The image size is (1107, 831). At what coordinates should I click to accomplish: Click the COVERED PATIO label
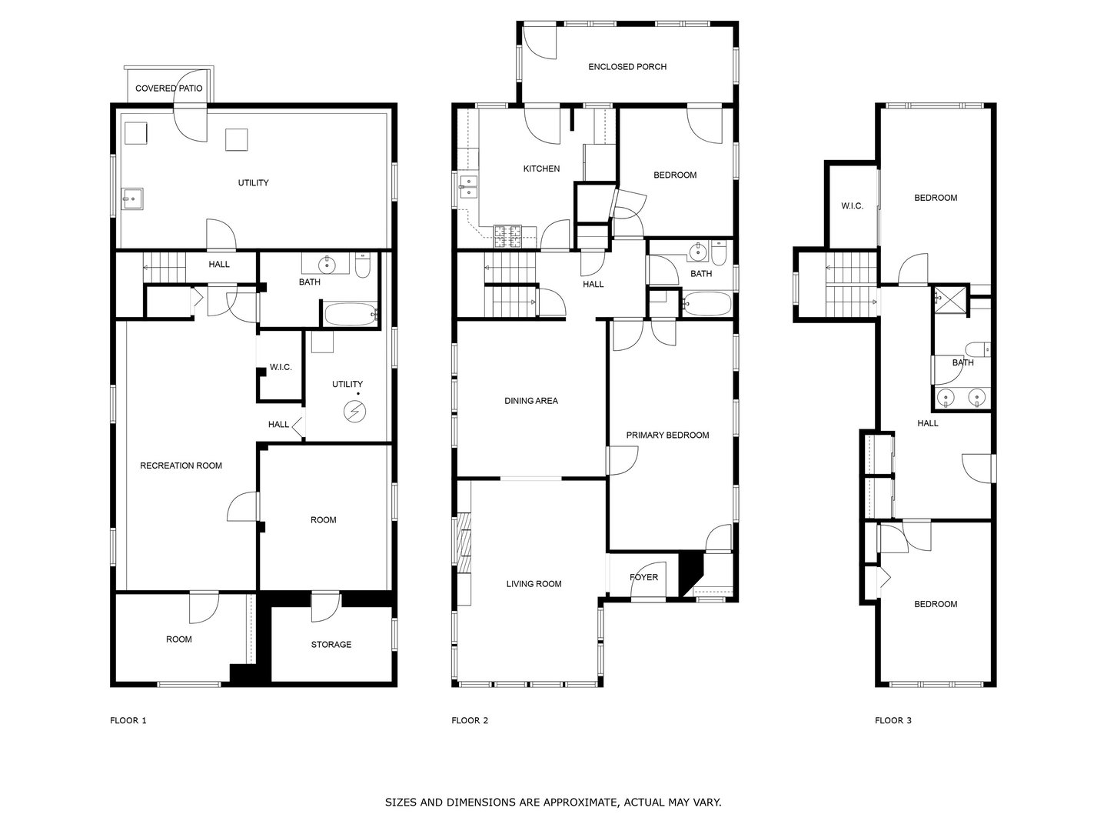coord(168,88)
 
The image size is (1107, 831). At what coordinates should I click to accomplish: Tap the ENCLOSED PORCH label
coord(627,67)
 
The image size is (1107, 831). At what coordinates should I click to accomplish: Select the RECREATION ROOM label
coord(181,466)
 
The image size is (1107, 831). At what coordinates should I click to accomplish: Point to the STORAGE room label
coord(331,645)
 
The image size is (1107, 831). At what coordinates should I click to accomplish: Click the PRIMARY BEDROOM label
coord(667,436)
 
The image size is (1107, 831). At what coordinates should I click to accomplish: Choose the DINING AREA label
coord(530,401)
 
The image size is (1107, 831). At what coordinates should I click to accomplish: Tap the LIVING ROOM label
coord(534,584)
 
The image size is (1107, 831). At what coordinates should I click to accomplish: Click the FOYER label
coord(643,577)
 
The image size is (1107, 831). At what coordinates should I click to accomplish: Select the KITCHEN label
coord(541,169)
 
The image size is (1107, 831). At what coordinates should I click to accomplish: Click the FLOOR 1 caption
coord(128,721)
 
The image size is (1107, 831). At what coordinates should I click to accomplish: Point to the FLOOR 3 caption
coord(893,721)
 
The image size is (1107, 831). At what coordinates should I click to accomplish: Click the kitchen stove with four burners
coord(507,235)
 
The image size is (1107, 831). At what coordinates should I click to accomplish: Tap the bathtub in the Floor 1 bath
coord(351,314)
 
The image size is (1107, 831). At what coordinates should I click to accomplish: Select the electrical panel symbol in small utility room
coord(354,412)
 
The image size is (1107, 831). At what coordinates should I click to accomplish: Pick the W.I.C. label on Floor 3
coord(852,206)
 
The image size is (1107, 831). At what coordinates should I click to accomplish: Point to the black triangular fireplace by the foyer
coord(692,573)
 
